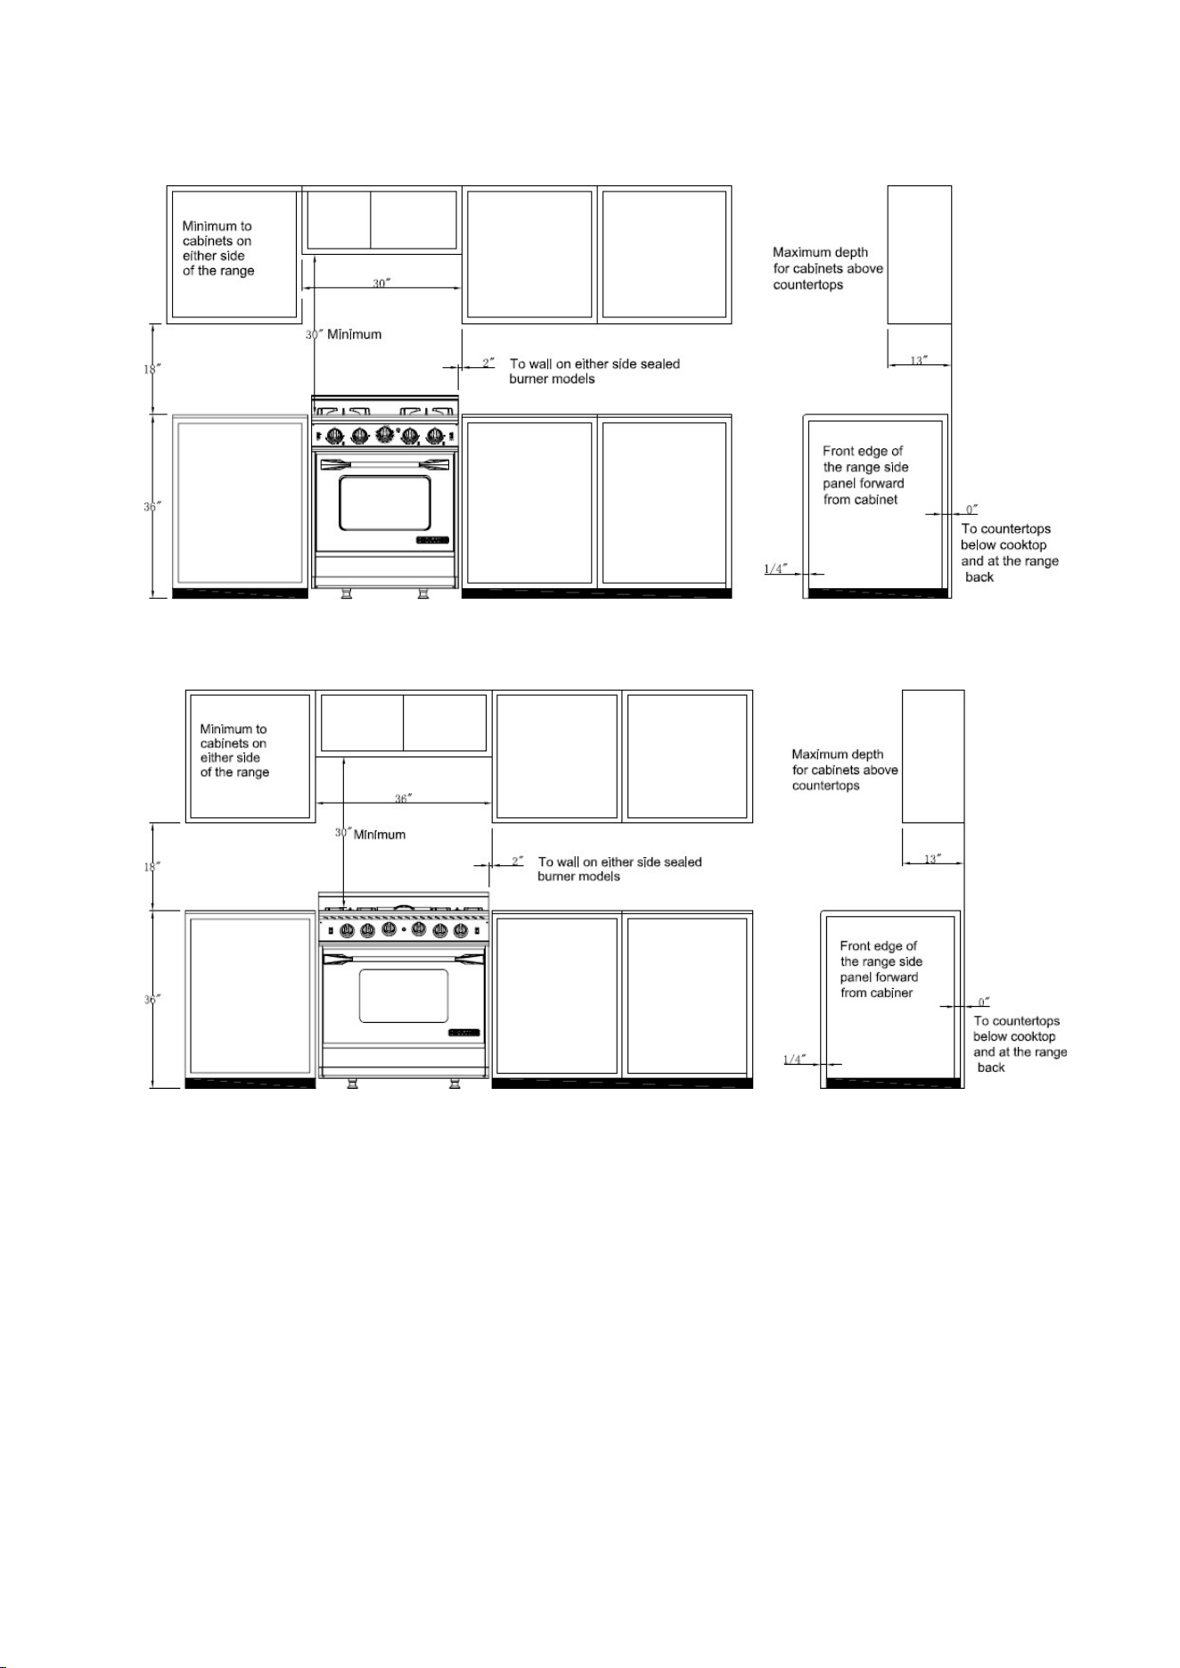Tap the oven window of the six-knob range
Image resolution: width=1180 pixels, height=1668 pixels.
pos(404,996)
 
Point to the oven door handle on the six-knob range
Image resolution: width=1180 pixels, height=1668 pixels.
pos(404,958)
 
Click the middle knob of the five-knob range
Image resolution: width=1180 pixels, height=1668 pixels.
pos(385,435)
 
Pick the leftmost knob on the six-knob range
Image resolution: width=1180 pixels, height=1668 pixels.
pos(347,930)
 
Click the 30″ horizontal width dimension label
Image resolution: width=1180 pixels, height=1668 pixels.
pos(381,282)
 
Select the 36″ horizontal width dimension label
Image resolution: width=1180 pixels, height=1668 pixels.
pos(404,798)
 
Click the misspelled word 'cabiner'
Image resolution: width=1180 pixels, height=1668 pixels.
pos(889,993)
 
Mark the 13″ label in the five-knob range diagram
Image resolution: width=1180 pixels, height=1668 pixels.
pos(918,360)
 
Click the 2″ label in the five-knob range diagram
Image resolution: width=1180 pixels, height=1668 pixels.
pos(488,363)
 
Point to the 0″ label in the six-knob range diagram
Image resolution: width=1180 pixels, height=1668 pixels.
pos(984,1002)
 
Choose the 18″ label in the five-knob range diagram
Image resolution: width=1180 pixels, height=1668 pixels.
pos(152,368)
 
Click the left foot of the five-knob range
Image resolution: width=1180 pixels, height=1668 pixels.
pos(347,593)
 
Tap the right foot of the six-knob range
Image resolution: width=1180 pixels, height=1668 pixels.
pos(455,1083)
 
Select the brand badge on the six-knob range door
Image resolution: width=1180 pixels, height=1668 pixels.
pos(463,1033)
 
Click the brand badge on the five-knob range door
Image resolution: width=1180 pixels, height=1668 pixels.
pos(432,540)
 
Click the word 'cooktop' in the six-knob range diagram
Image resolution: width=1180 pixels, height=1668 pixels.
pos(1033,1036)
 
